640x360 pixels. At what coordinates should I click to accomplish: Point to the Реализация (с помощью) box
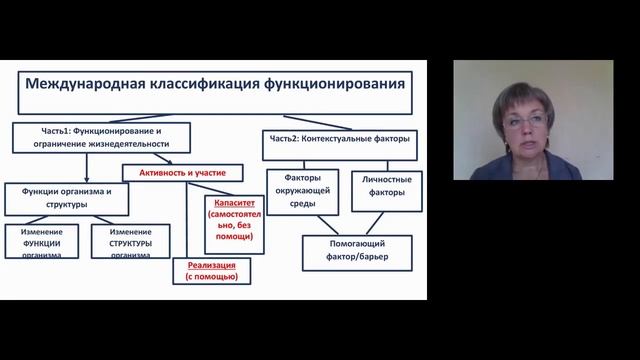(x=211, y=270)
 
